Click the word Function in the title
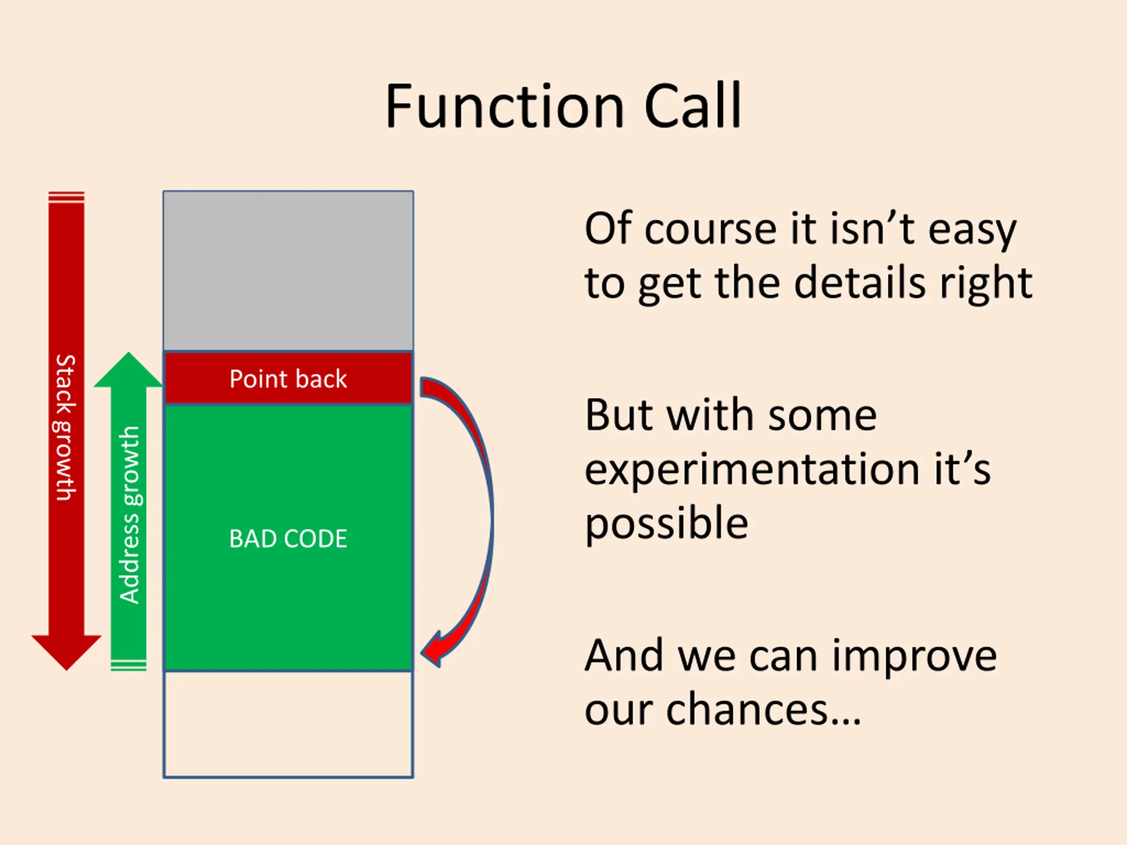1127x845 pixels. [x=505, y=107]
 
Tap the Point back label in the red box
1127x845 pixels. [x=288, y=379]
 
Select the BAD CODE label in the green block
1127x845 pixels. [x=288, y=538]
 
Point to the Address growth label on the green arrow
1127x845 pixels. [x=129, y=514]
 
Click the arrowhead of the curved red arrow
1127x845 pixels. [x=432, y=650]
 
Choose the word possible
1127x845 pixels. [x=667, y=524]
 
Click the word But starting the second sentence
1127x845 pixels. [x=619, y=415]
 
